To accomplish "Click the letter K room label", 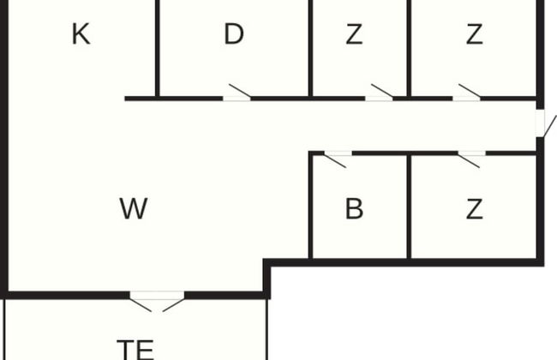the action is tap(81, 34).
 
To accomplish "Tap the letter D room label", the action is tap(234, 34).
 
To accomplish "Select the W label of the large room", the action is tap(133, 208).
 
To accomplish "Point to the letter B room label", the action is tap(354, 208).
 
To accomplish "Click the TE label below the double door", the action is tap(135, 350).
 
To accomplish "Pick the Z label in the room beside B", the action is tap(474, 208).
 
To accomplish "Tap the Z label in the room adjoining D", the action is tap(354, 34).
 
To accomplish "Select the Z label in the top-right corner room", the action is tap(474, 34).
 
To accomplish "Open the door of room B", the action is tap(335, 160).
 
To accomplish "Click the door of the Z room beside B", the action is tap(469, 160).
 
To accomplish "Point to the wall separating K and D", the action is tap(158, 48).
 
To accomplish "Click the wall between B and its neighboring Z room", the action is tap(409, 207).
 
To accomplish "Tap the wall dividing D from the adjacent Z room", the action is tap(310, 48).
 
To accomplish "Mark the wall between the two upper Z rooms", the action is tap(409, 48).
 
